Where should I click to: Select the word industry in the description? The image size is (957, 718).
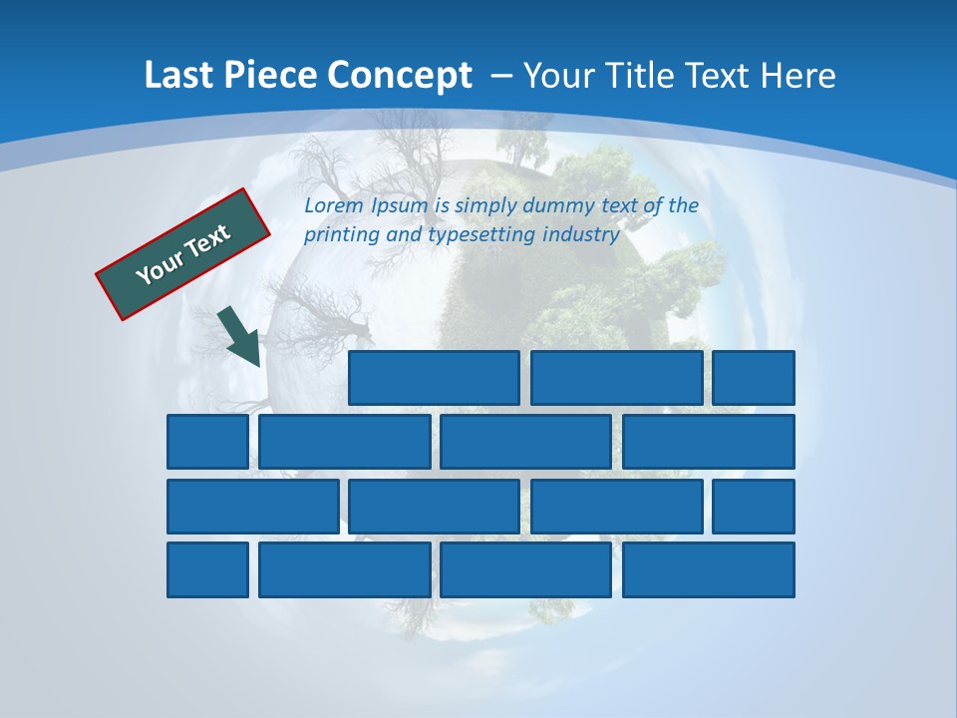pos(581,235)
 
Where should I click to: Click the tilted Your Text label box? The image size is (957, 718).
pos(183,254)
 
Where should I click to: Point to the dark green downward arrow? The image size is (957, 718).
pos(240,336)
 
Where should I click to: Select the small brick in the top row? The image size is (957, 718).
pos(753,378)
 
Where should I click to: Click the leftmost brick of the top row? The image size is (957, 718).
pos(434,378)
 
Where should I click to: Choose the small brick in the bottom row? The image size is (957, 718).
pos(207,569)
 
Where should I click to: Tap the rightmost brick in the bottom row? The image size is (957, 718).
pos(709,569)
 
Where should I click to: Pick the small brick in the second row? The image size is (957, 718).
pos(207,442)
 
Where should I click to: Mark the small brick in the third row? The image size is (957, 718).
pos(753,506)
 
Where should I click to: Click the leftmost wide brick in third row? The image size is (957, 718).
pos(252,506)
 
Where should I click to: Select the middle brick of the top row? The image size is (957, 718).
pos(616,378)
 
